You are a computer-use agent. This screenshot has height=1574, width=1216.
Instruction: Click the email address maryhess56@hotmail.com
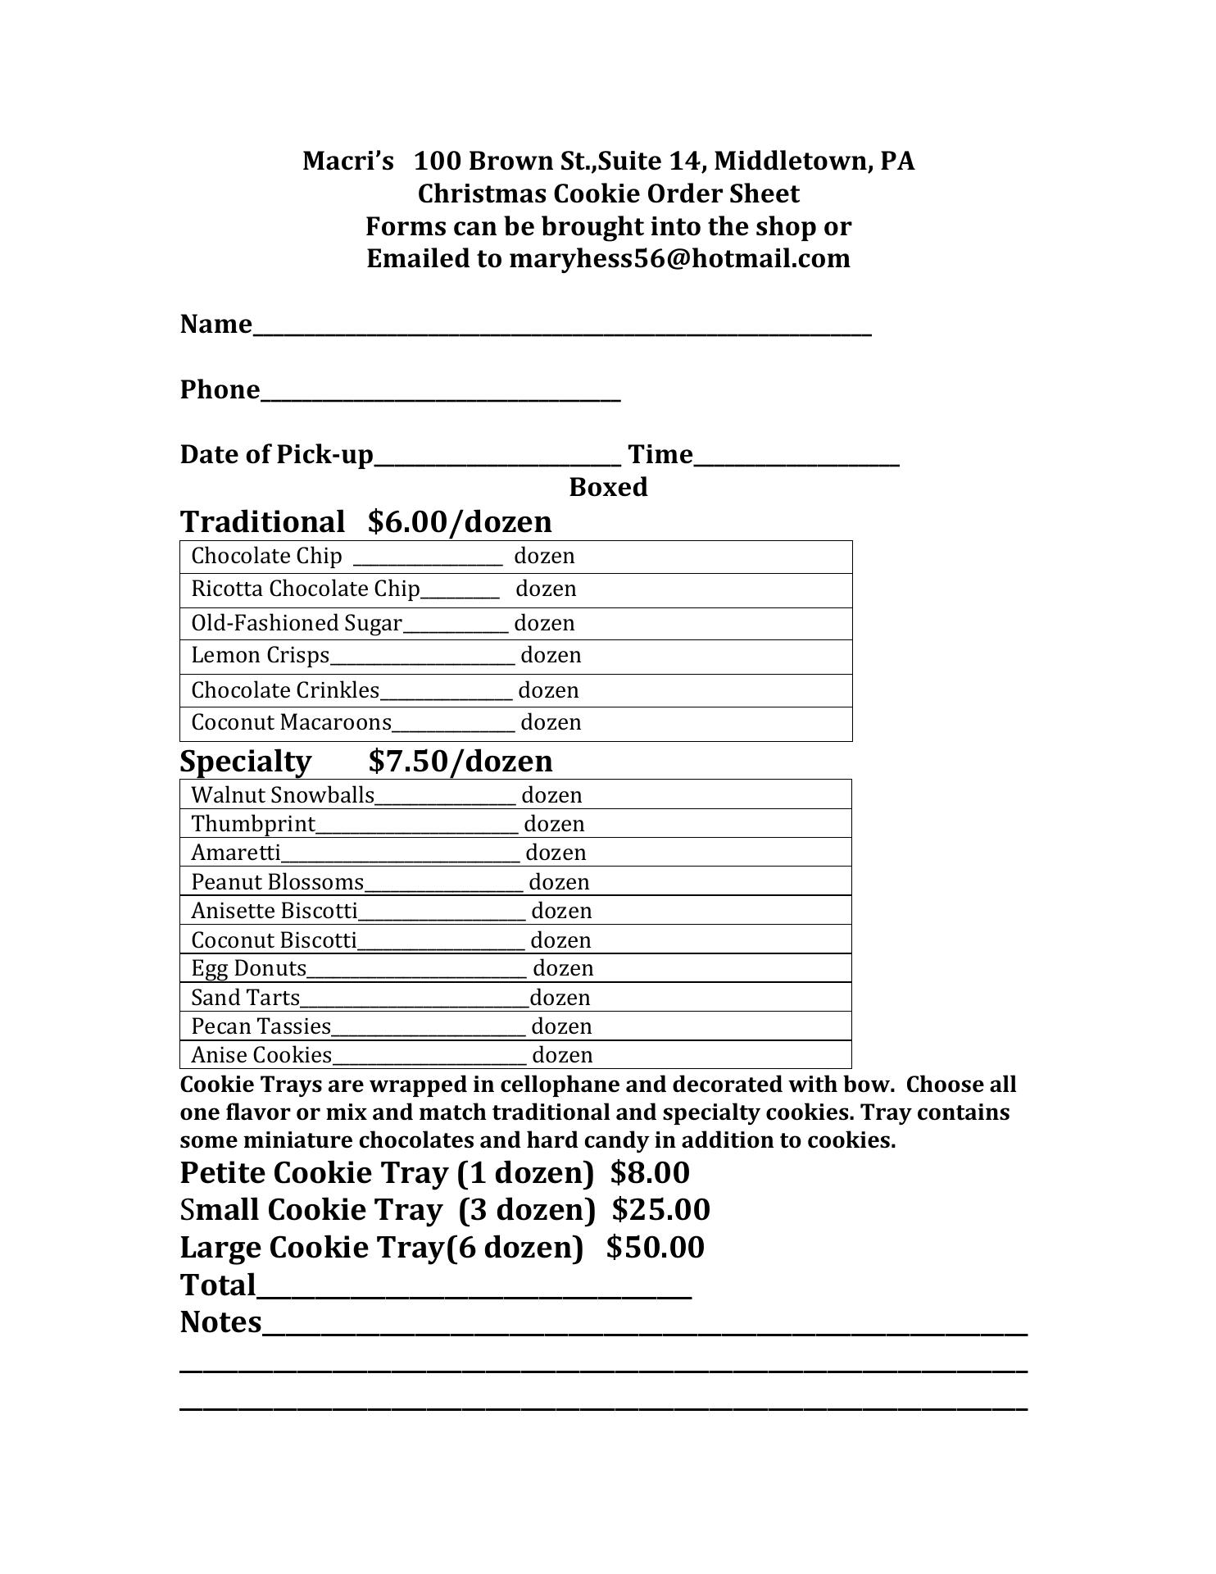679,259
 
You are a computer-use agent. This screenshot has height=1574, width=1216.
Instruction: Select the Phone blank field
440,393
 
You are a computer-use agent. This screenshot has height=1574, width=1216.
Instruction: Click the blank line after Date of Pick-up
497,458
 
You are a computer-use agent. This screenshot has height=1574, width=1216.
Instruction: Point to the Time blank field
796,458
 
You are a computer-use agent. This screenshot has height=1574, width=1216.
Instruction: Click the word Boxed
608,488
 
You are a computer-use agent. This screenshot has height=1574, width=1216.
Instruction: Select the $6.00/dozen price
461,522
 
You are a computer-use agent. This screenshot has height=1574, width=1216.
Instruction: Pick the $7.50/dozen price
461,762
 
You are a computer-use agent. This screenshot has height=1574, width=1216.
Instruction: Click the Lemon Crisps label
260,656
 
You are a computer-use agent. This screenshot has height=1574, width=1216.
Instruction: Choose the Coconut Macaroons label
292,723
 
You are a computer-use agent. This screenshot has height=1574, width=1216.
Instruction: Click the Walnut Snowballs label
283,795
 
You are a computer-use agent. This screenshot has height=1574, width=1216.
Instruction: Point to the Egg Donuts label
248,968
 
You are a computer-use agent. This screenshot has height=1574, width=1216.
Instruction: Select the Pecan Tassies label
261,1026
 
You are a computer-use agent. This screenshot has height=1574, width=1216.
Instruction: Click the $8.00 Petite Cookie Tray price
650,1173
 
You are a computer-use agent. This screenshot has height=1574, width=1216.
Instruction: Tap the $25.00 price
660,1210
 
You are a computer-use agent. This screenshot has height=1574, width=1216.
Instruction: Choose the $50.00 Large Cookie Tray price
655,1248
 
